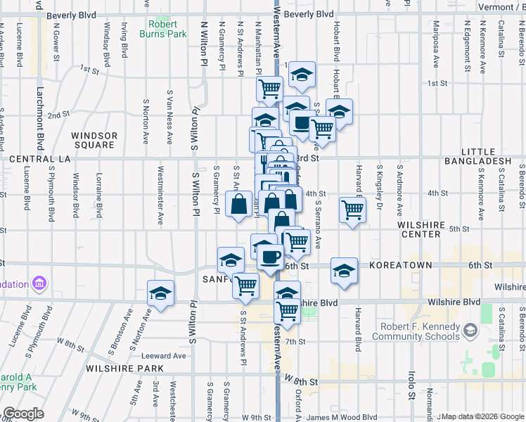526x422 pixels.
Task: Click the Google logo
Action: click(x=23, y=414)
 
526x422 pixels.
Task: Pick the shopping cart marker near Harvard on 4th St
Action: click(x=352, y=209)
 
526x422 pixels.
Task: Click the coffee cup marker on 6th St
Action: click(x=269, y=257)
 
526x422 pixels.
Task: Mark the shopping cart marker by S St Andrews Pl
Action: click(x=245, y=286)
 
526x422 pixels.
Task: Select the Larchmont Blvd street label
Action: click(x=39, y=109)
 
